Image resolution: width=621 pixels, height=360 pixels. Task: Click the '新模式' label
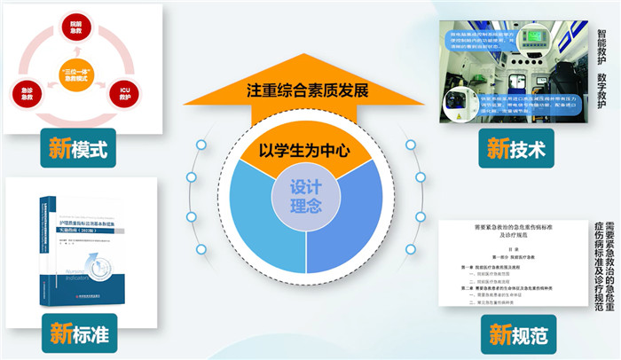tap(80, 148)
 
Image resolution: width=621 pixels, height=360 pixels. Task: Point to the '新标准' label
tap(80, 336)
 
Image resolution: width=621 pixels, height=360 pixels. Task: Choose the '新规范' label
tap(515, 336)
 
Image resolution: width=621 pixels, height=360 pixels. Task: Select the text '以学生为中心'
tap(305, 150)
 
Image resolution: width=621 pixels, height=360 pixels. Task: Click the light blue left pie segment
tap(262, 217)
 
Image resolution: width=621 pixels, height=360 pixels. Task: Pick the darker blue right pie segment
tap(350, 217)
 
